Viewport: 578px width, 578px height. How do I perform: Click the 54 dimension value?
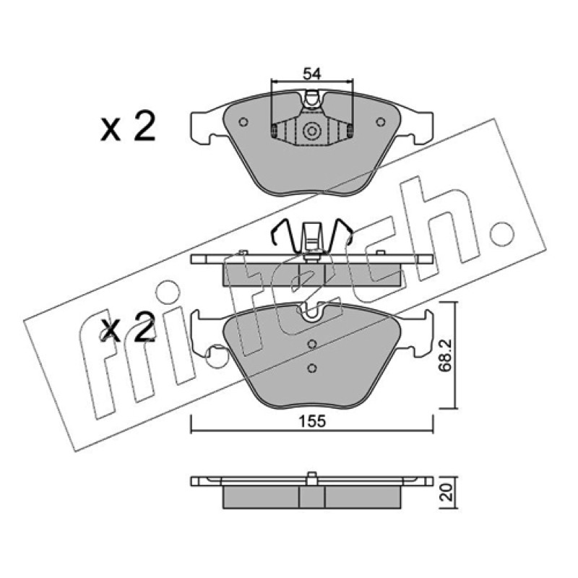(312, 74)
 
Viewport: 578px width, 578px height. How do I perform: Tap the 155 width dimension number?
(312, 421)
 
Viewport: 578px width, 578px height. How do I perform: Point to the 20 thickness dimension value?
(447, 492)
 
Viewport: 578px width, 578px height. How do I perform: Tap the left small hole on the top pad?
(243, 121)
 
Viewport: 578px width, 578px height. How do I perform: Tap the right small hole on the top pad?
(381, 121)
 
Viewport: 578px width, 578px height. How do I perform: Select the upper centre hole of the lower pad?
(312, 345)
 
